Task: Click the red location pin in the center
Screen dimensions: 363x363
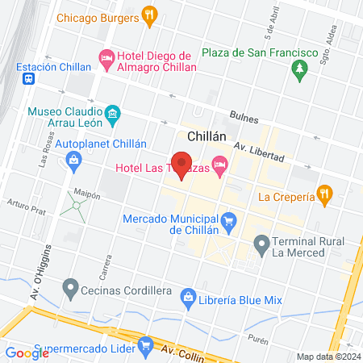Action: tap(181, 164)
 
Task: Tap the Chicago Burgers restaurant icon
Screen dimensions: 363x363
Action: tap(148, 14)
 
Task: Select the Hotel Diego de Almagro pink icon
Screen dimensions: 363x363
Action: tap(106, 56)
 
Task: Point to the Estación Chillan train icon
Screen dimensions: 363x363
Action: tap(28, 79)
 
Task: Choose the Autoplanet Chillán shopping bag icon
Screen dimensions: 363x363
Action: tap(73, 159)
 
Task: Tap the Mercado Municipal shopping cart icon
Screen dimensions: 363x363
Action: tap(229, 219)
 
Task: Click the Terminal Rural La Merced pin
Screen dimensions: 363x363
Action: tap(261, 243)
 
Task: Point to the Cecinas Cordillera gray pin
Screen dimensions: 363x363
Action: tap(70, 286)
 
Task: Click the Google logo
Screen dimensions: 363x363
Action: tap(27, 353)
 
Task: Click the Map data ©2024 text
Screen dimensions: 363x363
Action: tap(327, 356)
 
